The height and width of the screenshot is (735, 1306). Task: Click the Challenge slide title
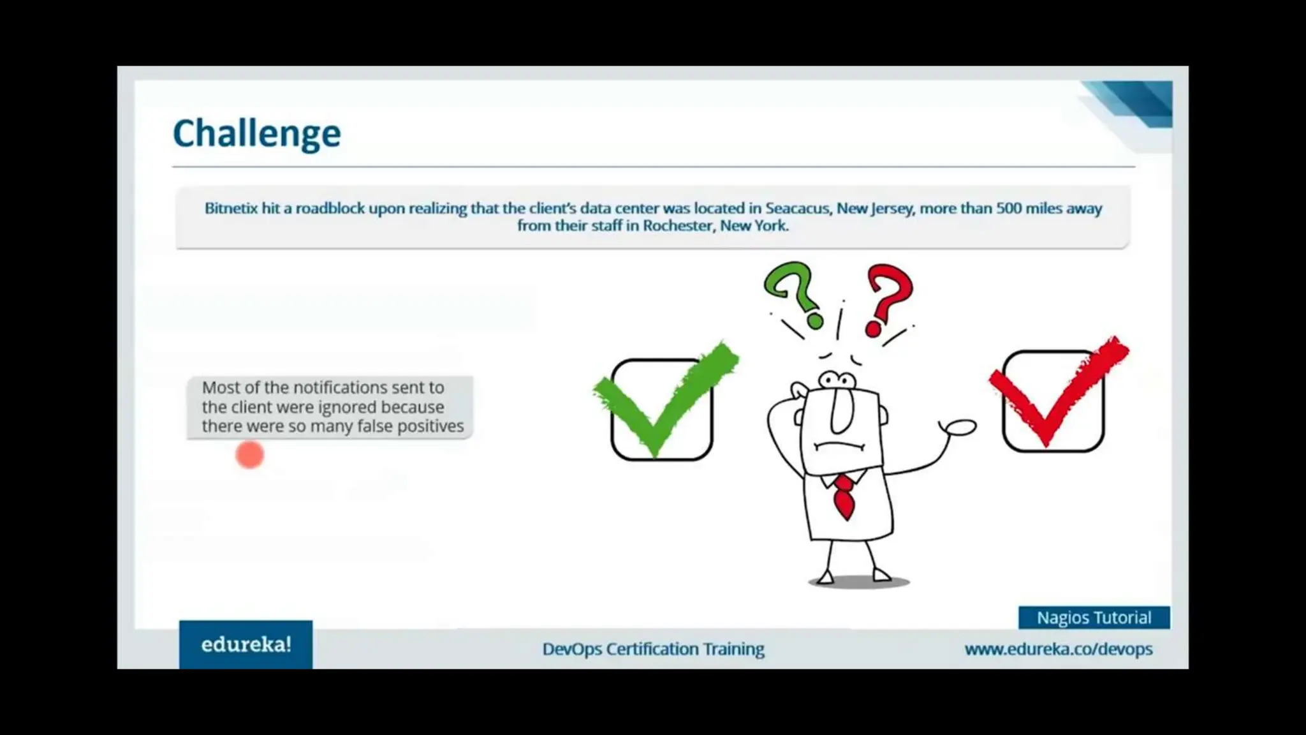click(256, 133)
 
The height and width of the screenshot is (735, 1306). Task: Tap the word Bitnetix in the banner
click(231, 209)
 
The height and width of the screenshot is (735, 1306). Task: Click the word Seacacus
click(797, 209)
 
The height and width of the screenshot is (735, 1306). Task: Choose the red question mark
click(888, 297)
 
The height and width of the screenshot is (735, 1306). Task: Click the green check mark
click(664, 399)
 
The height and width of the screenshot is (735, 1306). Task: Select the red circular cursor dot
click(249, 455)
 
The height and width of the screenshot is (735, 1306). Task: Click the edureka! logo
click(246, 645)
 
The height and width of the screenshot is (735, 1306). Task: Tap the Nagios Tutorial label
click(1094, 618)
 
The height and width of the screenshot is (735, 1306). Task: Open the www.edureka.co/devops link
click(1058, 649)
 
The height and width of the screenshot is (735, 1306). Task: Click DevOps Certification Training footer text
click(653, 649)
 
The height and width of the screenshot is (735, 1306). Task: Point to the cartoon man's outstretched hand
click(959, 427)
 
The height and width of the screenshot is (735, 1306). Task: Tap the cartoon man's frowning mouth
click(839, 446)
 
